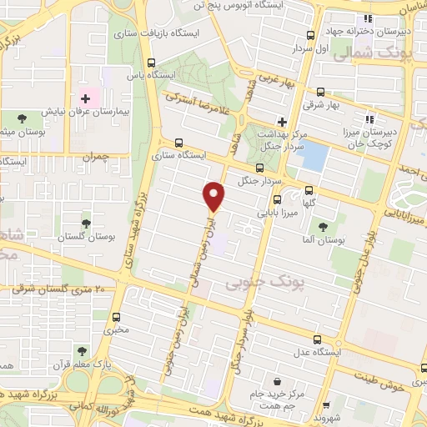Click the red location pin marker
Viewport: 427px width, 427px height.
(214, 195)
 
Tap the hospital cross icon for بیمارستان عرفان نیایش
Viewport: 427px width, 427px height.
(85, 97)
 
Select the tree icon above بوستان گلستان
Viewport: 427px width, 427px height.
(85, 223)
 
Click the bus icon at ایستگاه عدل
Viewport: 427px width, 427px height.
(315, 339)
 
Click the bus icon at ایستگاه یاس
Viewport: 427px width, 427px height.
(151, 63)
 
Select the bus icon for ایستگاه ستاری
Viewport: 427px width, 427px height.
(181, 142)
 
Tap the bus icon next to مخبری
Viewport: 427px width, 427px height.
(116, 317)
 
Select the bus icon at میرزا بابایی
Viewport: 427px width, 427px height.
(278, 198)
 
